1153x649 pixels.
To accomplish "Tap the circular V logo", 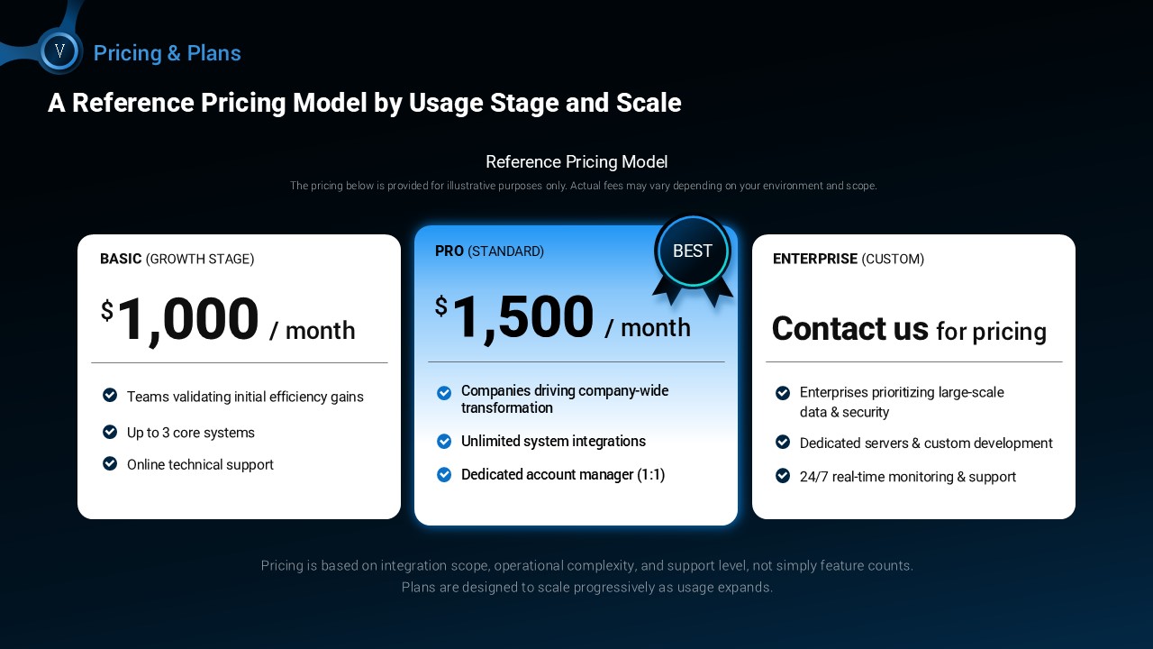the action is [x=59, y=51].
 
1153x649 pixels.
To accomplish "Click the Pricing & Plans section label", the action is [x=168, y=53].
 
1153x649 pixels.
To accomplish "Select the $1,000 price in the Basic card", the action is [x=179, y=319].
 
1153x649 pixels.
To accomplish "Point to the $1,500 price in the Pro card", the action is [x=514, y=316].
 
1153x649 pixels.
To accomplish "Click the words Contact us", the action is [x=849, y=329].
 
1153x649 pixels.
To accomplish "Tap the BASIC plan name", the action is [x=121, y=259].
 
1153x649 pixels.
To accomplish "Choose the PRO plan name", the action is [x=449, y=251].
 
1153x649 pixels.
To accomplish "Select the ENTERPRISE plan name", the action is [x=815, y=259].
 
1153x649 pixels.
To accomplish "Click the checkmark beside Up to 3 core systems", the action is [x=110, y=432].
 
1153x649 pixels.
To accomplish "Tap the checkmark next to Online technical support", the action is [x=110, y=463].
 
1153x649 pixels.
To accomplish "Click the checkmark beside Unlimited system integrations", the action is [x=444, y=442].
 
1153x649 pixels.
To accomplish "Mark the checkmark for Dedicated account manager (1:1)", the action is [x=444, y=474].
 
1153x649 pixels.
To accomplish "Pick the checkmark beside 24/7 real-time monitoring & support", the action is [x=783, y=475].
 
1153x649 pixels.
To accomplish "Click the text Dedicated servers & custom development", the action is [x=926, y=443].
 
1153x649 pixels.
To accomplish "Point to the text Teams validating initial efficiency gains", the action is [x=245, y=397].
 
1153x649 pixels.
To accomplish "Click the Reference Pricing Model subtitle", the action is [x=576, y=161].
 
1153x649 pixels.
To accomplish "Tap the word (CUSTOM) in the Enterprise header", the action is [x=893, y=259].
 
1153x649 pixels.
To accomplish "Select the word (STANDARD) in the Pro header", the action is [x=505, y=251].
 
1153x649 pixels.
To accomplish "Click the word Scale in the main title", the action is [x=649, y=103].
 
